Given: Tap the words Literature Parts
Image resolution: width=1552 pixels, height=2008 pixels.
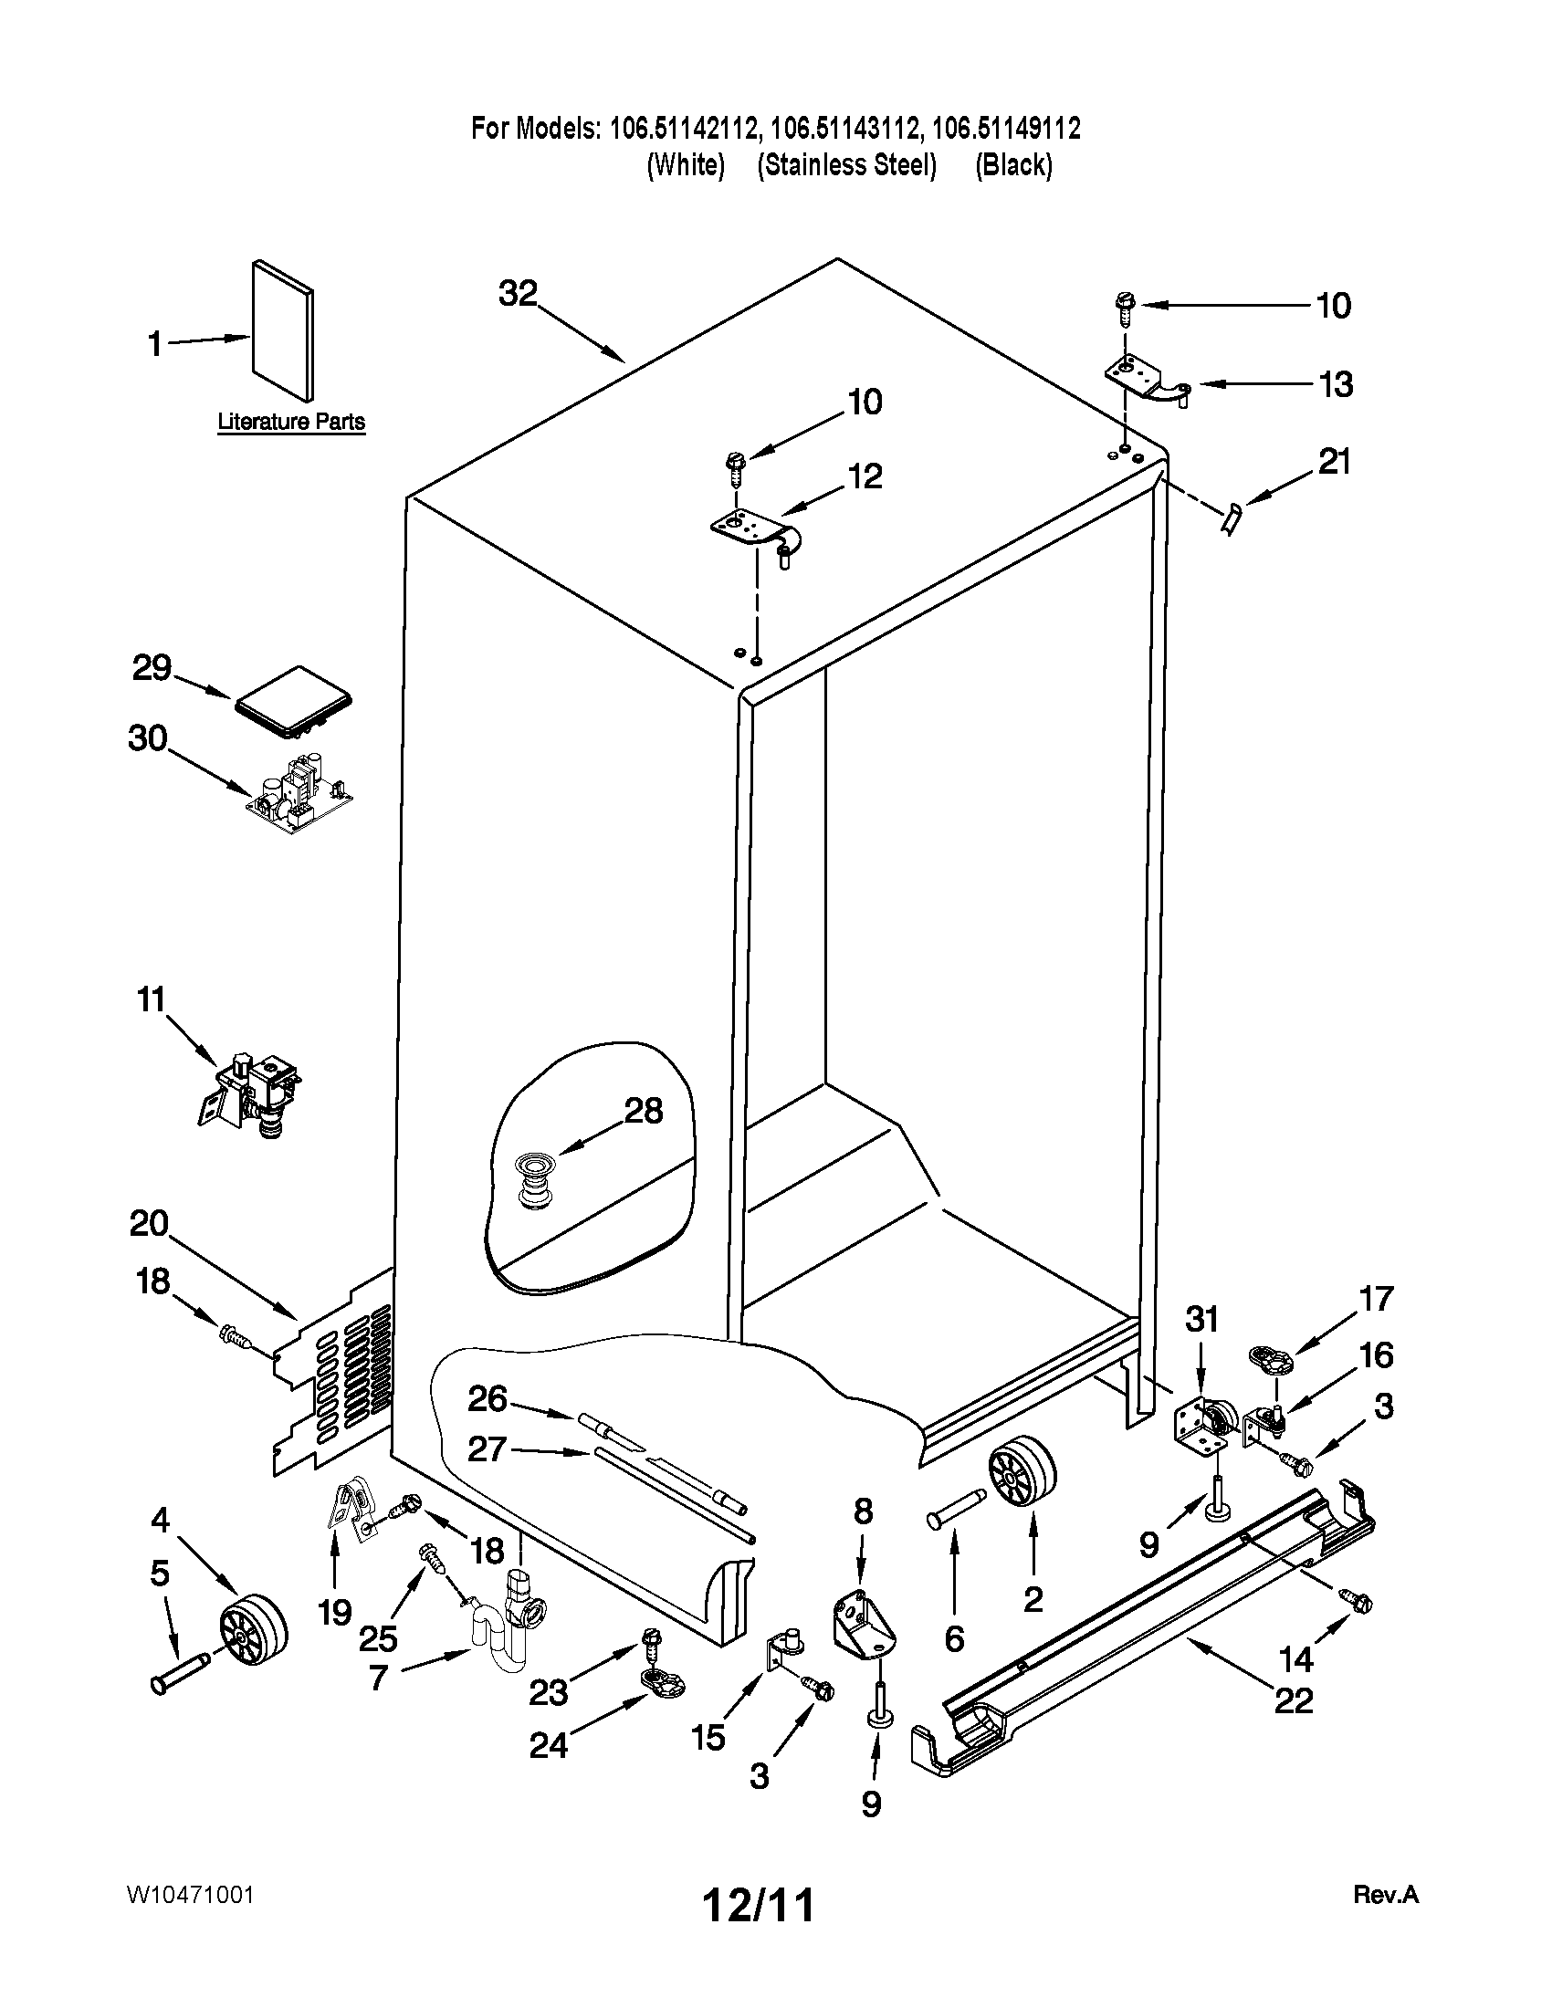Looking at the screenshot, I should tap(290, 422).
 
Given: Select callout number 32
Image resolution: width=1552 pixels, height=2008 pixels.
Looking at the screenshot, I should tap(518, 294).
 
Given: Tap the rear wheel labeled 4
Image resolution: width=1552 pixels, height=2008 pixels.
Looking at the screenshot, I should tap(253, 1630).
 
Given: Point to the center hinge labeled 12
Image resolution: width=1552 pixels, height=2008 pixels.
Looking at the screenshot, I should tap(757, 533).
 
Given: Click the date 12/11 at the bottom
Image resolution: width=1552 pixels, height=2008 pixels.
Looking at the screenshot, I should tap(759, 1906).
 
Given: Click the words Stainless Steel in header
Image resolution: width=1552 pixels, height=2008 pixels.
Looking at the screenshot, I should tap(846, 165).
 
